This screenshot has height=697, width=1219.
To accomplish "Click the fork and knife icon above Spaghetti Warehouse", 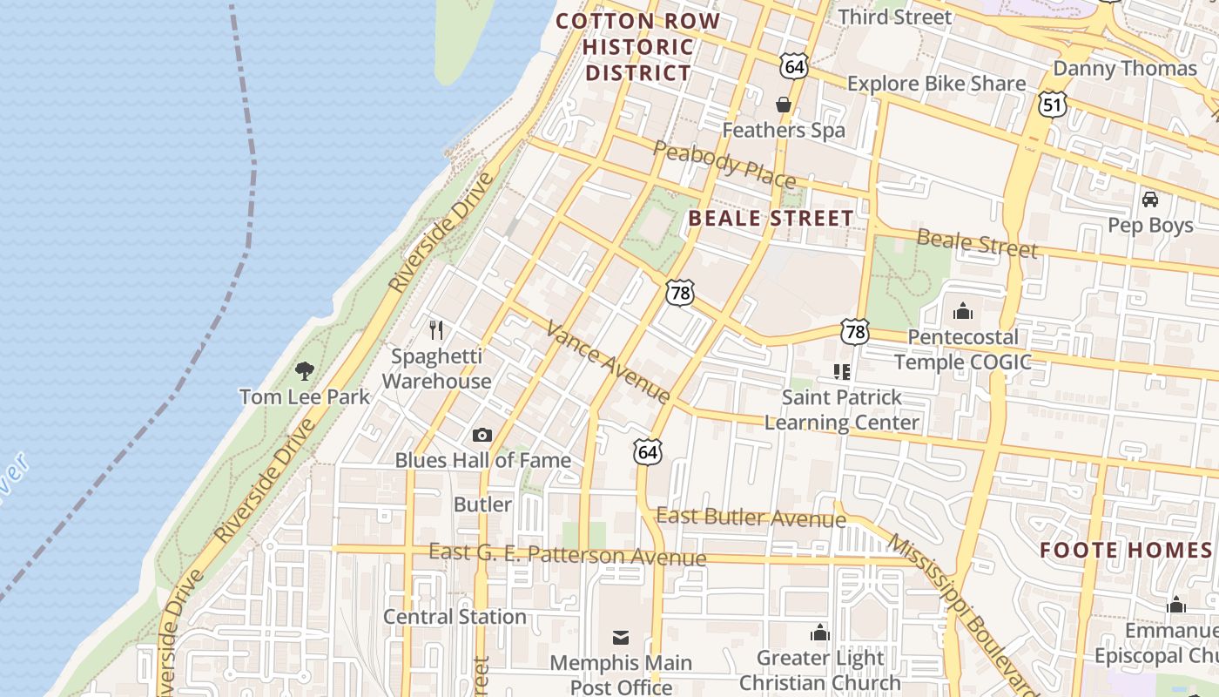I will [x=436, y=330].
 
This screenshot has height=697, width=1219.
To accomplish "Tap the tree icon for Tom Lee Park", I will [x=304, y=371].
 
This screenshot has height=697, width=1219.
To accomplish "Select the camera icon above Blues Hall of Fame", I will [x=482, y=435].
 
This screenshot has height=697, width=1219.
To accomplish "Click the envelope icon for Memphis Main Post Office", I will [x=620, y=637].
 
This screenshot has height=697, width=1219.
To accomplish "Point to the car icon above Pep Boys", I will [x=1149, y=200].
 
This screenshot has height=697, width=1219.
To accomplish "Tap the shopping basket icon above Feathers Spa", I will [x=784, y=105].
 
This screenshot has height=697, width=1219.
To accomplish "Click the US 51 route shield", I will [x=1052, y=105].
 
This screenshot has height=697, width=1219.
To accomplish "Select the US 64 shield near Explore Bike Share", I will [x=793, y=66].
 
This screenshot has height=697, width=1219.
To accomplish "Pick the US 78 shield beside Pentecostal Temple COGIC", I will [x=855, y=331].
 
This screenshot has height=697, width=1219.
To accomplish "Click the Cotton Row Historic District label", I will [x=638, y=47].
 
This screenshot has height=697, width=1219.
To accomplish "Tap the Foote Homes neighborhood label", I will [x=1126, y=550].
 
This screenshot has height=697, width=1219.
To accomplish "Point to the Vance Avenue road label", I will [x=609, y=361].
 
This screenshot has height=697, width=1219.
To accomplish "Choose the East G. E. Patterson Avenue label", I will [x=567, y=554].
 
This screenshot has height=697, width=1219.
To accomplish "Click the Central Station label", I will [x=455, y=617].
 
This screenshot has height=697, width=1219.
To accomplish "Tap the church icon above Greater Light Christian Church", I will [x=819, y=633].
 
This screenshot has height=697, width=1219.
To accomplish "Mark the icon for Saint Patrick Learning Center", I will [x=841, y=372].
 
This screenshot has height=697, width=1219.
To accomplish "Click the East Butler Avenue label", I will [x=751, y=518].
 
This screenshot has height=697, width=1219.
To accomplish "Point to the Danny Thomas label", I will [x=1125, y=68].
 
